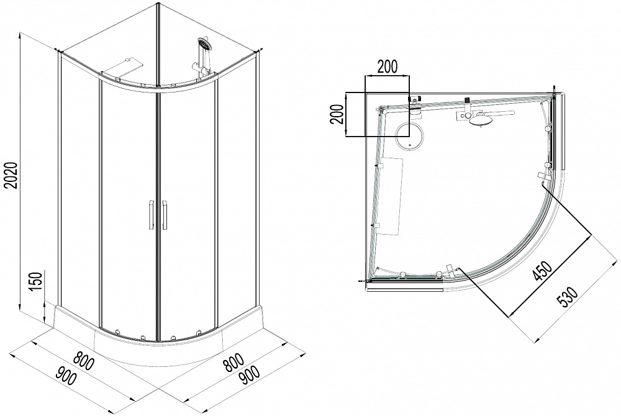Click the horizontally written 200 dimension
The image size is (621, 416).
[387, 67]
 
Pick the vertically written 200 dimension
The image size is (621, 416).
[337, 114]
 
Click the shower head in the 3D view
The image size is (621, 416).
[205, 43]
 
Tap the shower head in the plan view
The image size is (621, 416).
[479, 120]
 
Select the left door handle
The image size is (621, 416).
[150, 215]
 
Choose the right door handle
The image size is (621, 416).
[165, 215]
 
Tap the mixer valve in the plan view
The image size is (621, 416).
[464, 115]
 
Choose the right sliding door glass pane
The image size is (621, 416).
[188, 210]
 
